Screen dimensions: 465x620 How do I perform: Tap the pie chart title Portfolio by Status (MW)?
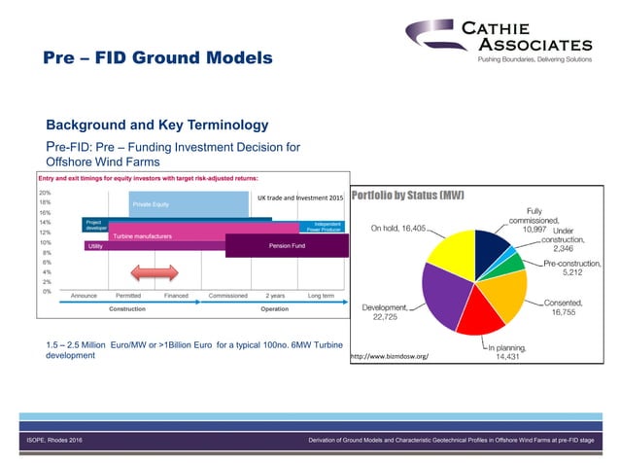[408, 196]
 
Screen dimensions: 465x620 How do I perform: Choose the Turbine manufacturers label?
[142, 236]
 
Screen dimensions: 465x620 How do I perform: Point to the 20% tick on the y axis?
[45, 193]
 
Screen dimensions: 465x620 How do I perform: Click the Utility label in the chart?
[95, 246]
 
